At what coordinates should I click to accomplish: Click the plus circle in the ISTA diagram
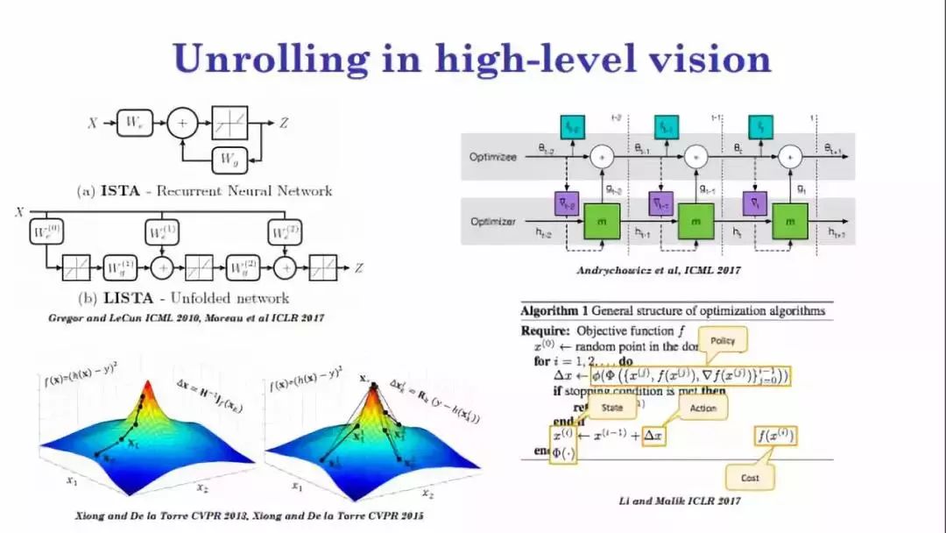(182, 124)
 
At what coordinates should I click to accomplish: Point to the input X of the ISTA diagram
(92, 124)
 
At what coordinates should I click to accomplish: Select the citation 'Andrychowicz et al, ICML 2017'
(658, 271)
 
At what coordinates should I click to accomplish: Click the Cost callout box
(750, 478)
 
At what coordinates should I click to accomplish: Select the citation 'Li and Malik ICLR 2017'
(679, 501)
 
